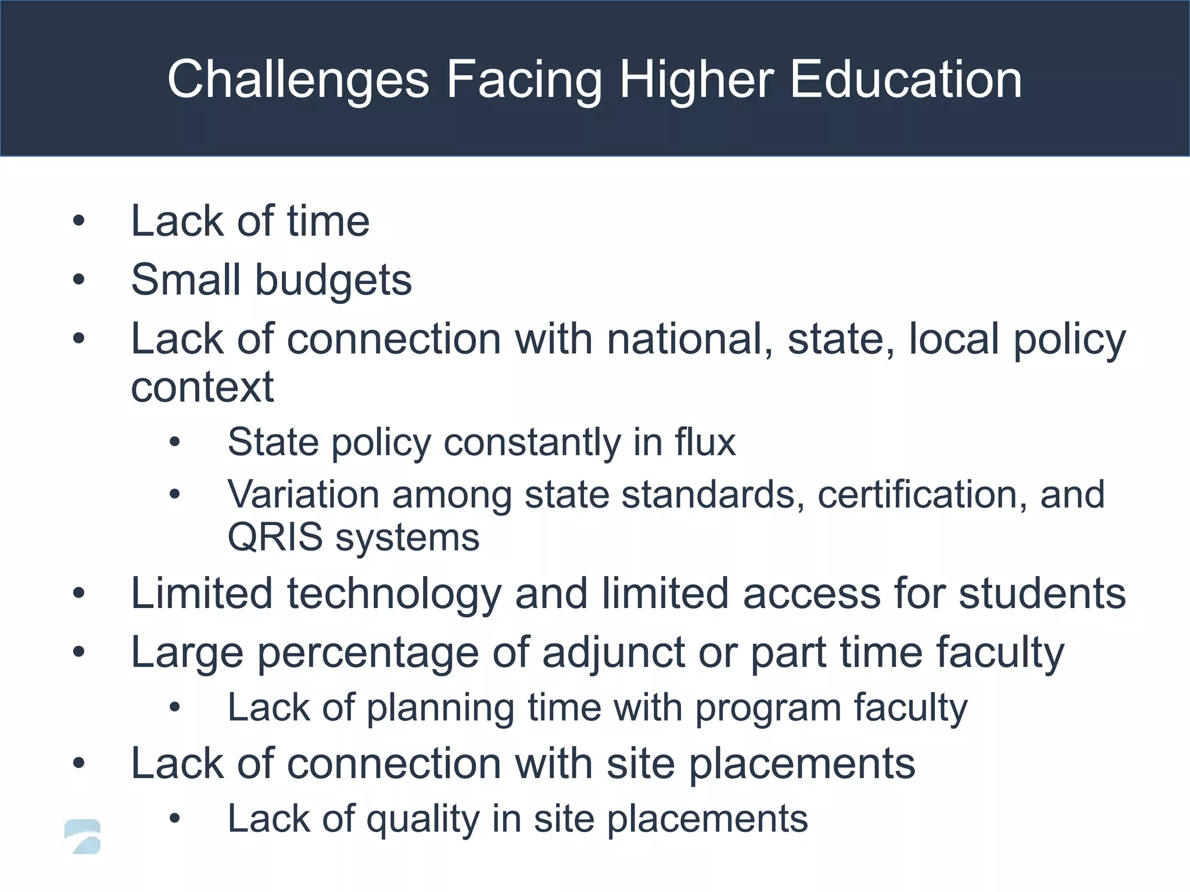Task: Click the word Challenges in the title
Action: tap(298, 80)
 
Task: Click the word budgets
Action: tap(333, 280)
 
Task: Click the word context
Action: tap(202, 387)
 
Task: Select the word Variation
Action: tap(303, 495)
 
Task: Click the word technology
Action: tap(394, 594)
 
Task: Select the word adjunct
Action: tap(613, 652)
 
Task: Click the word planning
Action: tap(440, 708)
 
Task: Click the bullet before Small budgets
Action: tap(79, 280)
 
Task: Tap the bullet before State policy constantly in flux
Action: tap(175, 443)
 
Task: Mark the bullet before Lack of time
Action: tap(79, 221)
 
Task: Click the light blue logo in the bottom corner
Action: tap(83, 836)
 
